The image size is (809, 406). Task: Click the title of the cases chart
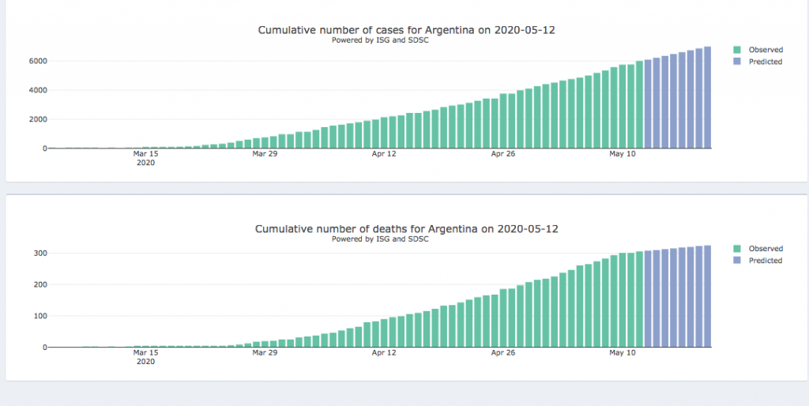point(412,30)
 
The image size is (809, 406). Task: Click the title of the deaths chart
point(406,229)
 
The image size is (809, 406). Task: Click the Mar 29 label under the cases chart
point(265,154)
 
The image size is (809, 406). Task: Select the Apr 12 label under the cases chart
point(384,154)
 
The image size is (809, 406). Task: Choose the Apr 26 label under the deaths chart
point(503,353)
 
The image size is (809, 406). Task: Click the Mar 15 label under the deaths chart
point(145,353)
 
